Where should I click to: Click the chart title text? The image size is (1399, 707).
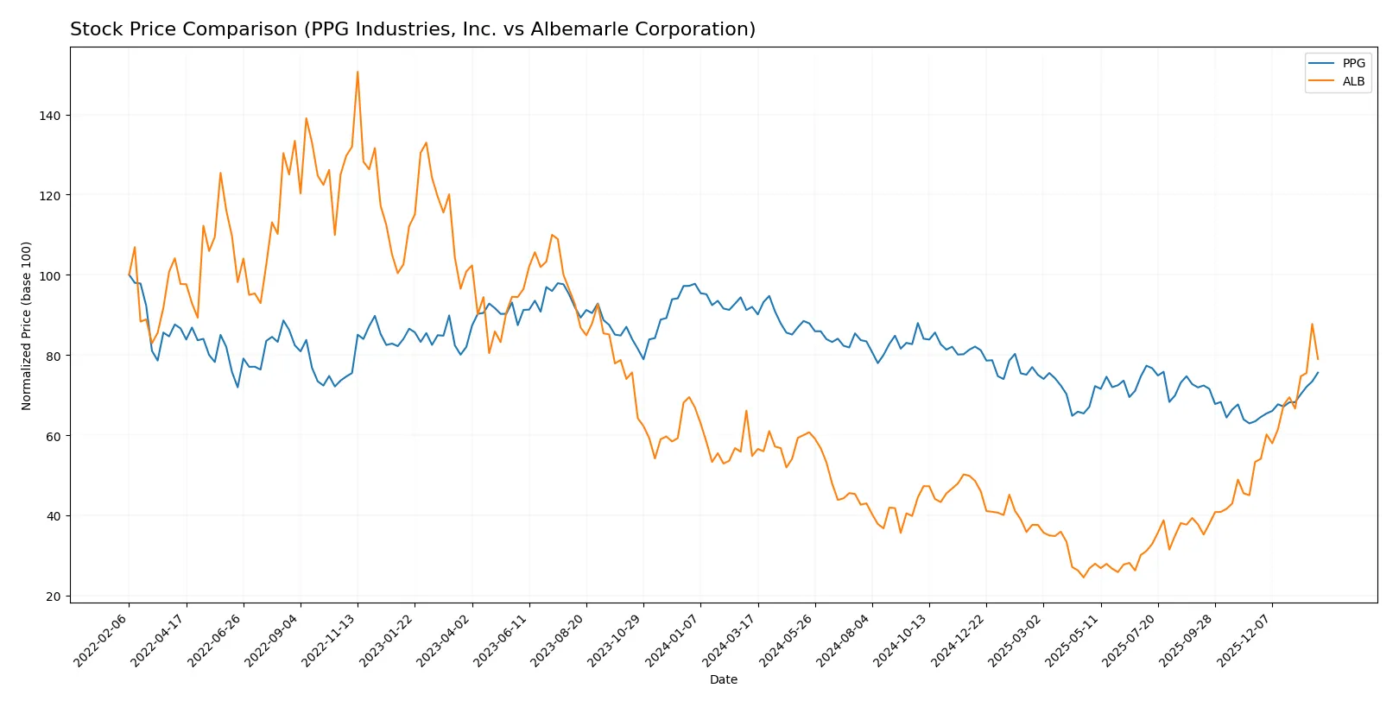click(x=412, y=29)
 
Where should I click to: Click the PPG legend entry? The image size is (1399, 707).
click(x=1352, y=63)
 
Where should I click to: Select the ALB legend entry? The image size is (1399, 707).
click(x=1352, y=81)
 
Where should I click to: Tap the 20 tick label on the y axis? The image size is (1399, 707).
click(x=54, y=597)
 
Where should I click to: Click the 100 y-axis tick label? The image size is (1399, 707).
click(x=50, y=276)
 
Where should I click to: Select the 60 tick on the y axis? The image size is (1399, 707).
click(x=54, y=437)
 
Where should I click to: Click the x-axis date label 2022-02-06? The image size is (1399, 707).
click(x=101, y=640)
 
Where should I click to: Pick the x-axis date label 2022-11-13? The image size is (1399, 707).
click(x=329, y=640)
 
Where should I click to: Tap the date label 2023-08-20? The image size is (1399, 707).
click(x=558, y=640)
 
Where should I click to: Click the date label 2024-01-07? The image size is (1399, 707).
click(x=672, y=640)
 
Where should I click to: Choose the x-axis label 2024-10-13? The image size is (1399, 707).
click(x=901, y=640)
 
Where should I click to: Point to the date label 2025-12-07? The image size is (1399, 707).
click(x=1244, y=640)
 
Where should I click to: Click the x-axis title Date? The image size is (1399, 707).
click(x=723, y=680)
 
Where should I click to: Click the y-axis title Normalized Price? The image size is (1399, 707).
click(x=27, y=325)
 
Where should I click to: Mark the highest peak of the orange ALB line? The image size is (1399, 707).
click(x=358, y=72)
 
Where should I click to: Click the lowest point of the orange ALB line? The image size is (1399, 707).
click(x=1083, y=577)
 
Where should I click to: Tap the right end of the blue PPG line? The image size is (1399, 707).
click(x=1318, y=372)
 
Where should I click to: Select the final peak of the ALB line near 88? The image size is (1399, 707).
click(x=1312, y=325)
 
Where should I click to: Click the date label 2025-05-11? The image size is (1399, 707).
click(x=1072, y=640)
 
